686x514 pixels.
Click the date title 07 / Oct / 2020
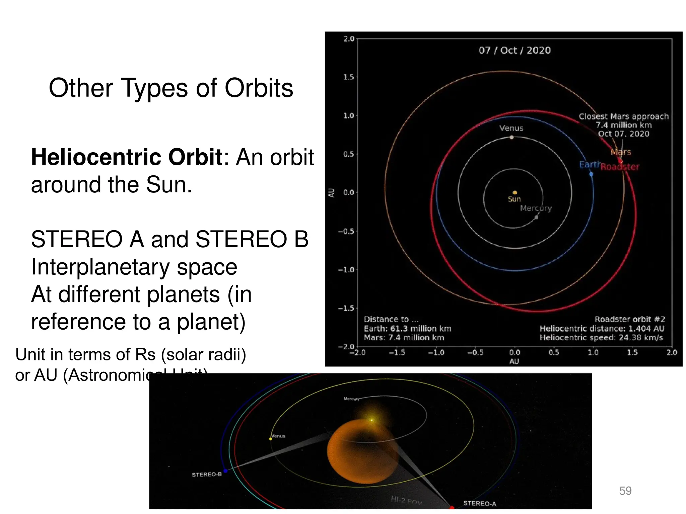click(514, 51)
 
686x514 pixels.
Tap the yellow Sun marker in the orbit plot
click(515, 192)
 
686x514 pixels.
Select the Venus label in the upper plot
click(511, 128)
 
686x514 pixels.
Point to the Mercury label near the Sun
click(536, 208)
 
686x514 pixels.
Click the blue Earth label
click(590, 164)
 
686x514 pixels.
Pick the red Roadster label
click(620, 167)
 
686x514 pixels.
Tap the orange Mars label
click(621, 152)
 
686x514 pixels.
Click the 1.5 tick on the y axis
click(348, 77)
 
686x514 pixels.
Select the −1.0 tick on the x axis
click(436, 353)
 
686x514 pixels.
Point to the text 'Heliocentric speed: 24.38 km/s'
click(601, 338)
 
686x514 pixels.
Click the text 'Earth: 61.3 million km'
click(407, 329)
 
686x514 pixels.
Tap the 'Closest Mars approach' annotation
click(623, 116)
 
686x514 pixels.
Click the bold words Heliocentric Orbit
click(127, 157)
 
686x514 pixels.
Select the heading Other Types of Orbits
click(171, 88)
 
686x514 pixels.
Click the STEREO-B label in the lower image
click(207, 475)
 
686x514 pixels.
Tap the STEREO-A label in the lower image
click(479, 503)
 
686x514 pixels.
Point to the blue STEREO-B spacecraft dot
click(225, 471)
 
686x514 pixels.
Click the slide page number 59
click(625, 491)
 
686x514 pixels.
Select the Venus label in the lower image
click(278, 436)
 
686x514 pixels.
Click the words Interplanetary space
click(134, 267)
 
